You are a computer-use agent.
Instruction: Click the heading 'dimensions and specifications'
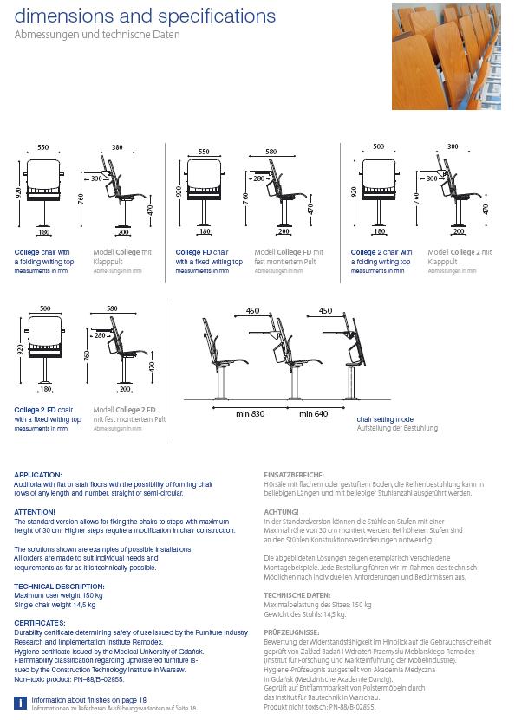tap(146, 16)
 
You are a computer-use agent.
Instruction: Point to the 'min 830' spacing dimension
tap(251, 414)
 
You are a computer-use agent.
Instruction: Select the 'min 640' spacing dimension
tap(313, 414)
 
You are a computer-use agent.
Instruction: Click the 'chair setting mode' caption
tap(385, 418)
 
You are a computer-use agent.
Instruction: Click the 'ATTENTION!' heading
tap(35, 512)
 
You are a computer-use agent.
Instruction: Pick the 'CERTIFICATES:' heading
tap(39, 623)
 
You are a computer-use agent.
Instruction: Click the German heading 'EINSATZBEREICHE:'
tap(294, 475)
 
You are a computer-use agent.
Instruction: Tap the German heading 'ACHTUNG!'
tap(282, 512)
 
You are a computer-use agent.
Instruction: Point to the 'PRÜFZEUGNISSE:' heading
tap(291, 633)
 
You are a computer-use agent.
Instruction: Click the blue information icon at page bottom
tap(20, 703)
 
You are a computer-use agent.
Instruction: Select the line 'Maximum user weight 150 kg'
tap(59, 595)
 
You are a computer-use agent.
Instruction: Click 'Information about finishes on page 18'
tap(88, 699)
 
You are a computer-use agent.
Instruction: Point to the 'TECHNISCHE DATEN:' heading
tap(297, 595)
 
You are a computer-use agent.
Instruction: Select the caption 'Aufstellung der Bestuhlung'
tap(397, 428)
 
